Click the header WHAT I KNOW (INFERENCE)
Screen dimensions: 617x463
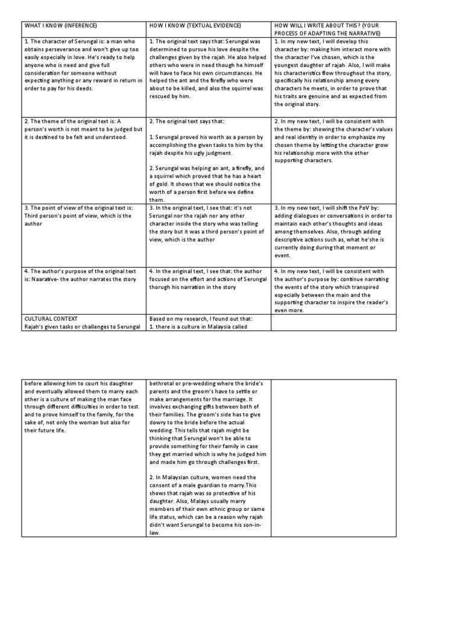click(60, 26)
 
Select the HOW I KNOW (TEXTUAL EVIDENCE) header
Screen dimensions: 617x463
click(195, 26)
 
